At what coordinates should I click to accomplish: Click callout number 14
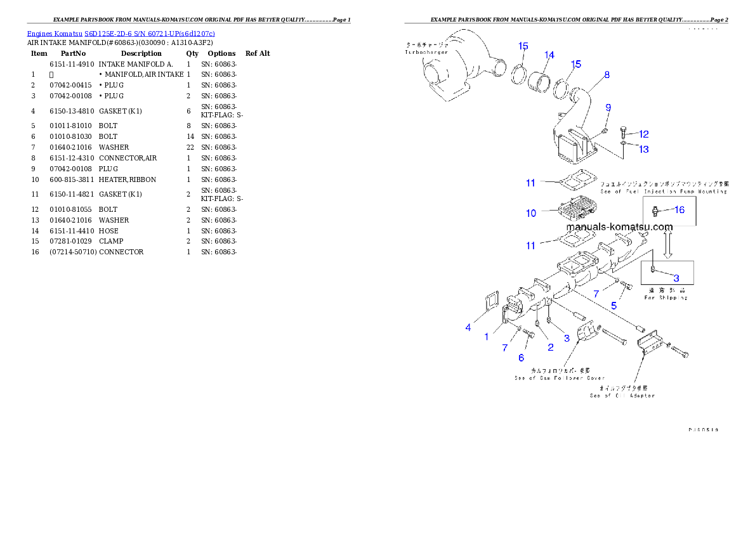pos(549,55)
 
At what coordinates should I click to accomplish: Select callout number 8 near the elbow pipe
pos(607,75)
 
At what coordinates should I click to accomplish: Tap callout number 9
pos(608,108)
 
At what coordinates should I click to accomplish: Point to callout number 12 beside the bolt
pos(643,134)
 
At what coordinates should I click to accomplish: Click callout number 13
pos(643,150)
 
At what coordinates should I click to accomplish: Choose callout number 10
pos(531,213)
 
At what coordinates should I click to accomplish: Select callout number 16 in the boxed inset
pos(679,210)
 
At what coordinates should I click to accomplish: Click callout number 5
pos(614,305)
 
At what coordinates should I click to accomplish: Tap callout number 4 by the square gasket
pos(468,327)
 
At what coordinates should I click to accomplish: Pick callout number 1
pos(487,337)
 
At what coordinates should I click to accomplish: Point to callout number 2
pos(550,347)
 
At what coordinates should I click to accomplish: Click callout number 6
pos(521,358)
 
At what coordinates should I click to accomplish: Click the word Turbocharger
pos(426,52)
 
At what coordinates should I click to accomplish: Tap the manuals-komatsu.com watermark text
pos(619,226)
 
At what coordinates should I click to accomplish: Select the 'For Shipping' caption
pos(666,297)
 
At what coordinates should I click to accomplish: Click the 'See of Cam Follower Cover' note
pos(560,378)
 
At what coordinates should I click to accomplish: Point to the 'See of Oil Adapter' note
pos(622,395)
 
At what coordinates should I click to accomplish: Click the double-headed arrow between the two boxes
pos(667,243)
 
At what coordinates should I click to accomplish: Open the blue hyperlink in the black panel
pos(121,33)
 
